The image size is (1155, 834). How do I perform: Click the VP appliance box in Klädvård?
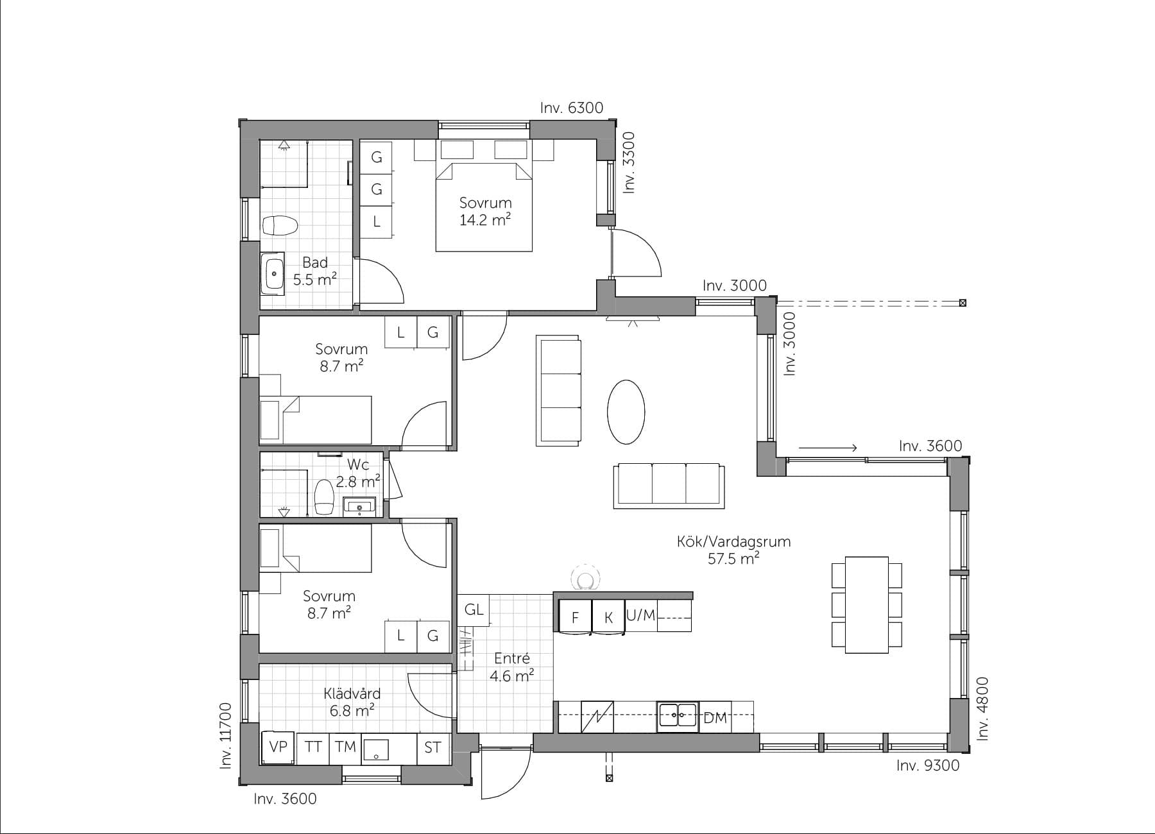click(x=278, y=747)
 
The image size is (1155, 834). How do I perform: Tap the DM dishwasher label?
click(x=715, y=718)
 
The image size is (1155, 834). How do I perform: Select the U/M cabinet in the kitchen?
click(x=640, y=616)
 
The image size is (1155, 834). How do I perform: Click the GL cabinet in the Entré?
click(x=474, y=609)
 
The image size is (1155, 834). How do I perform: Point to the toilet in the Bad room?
click(x=280, y=225)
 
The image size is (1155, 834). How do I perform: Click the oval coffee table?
click(x=626, y=412)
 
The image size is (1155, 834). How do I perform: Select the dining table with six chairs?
click(x=866, y=605)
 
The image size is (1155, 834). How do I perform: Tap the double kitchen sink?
click(x=677, y=717)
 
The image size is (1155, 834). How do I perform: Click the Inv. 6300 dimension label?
click(x=571, y=108)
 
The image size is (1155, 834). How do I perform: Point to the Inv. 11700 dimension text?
click(x=225, y=735)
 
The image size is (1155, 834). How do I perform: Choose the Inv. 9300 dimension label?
click(x=927, y=765)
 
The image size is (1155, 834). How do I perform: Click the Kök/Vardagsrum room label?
click(x=733, y=541)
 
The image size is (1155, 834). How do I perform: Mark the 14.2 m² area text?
click(x=484, y=220)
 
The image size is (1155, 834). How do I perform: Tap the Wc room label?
click(x=357, y=464)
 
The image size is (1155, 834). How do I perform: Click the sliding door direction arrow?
click(x=828, y=448)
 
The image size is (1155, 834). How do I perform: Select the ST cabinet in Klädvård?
click(x=432, y=747)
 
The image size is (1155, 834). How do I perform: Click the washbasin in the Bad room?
click(x=274, y=273)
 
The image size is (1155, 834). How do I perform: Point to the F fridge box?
click(x=575, y=617)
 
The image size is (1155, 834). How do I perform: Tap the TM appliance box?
click(x=345, y=747)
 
